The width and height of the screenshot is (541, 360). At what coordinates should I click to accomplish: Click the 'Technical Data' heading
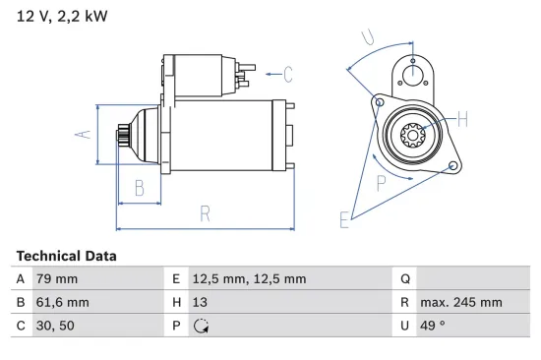(66, 256)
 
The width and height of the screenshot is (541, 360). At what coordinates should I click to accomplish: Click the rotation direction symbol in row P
(202, 327)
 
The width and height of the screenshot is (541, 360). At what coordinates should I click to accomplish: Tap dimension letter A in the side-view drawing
(85, 135)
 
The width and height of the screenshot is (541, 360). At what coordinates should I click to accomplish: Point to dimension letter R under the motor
(205, 211)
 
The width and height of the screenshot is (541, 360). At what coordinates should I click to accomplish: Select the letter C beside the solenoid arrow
(288, 72)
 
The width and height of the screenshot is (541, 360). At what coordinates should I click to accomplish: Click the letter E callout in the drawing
(344, 219)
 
